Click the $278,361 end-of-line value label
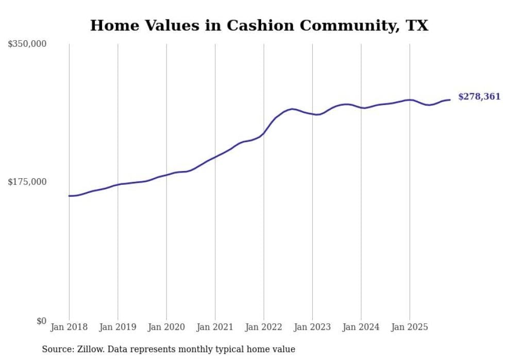(479, 96)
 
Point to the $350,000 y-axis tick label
(27, 44)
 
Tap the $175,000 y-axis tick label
(27, 182)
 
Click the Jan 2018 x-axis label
(69, 327)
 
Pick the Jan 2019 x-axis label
(117, 327)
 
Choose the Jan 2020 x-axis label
(166, 327)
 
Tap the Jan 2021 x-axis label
(215, 327)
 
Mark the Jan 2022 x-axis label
(264, 327)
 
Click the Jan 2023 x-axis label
(312, 327)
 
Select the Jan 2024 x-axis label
(361, 327)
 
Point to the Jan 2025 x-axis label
(410, 327)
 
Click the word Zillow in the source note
(90, 349)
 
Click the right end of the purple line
(450, 99)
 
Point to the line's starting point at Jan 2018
(69, 196)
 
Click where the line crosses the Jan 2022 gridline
(264, 133)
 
